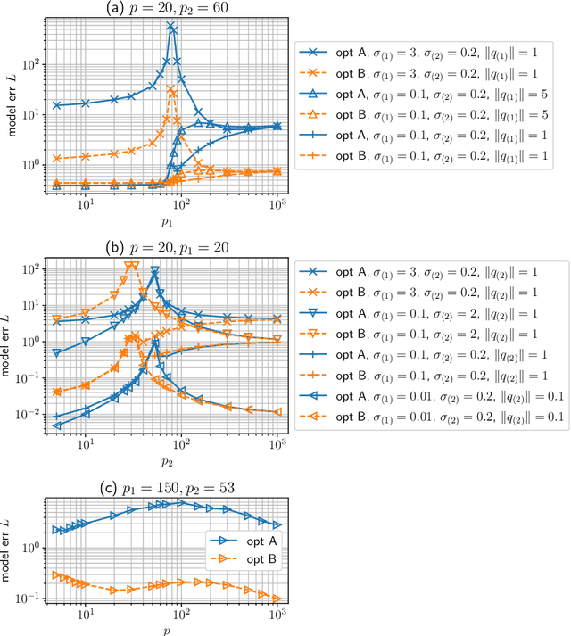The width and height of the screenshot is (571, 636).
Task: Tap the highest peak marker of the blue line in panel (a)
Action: click(x=170, y=26)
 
